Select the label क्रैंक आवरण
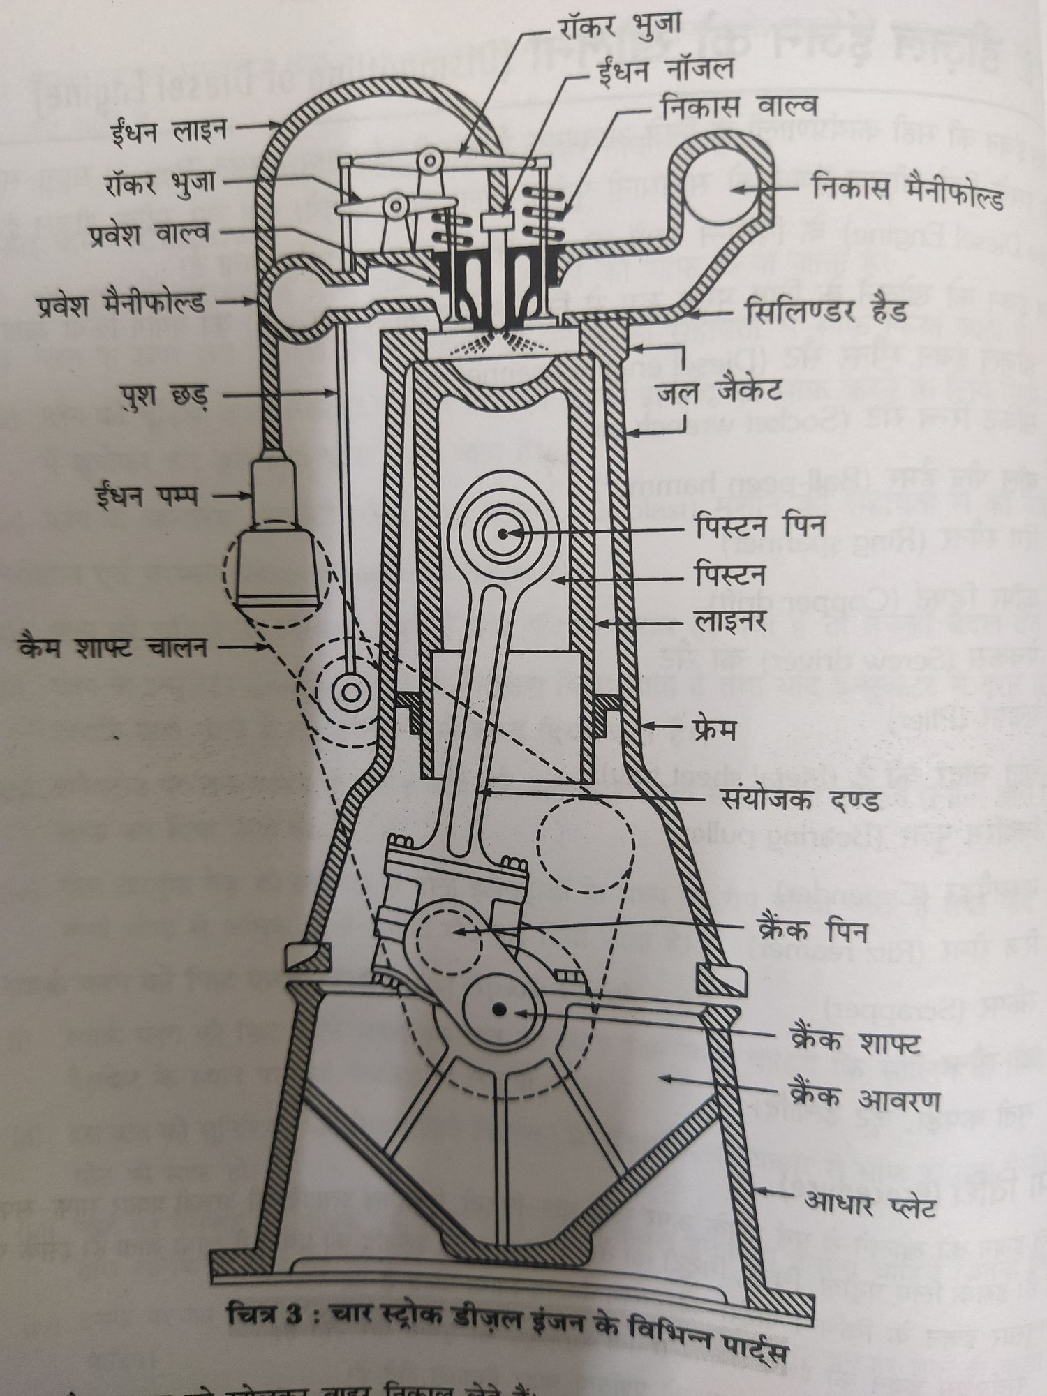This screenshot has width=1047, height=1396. tap(863, 1098)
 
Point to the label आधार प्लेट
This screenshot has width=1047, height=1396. tap(870, 1205)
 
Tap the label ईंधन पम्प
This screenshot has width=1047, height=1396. tap(147, 496)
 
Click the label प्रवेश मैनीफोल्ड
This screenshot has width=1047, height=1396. tap(121, 304)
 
